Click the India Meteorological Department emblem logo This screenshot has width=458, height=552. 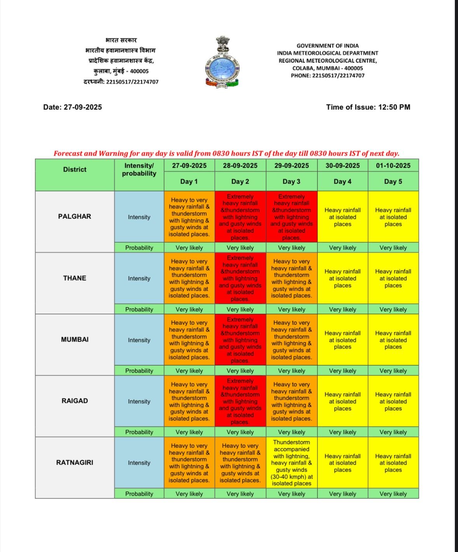click(x=222, y=62)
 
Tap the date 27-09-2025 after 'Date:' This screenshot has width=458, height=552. click(x=83, y=107)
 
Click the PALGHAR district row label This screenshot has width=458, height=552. click(x=75, y=216)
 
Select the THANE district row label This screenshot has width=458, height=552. click(x=75, y=278)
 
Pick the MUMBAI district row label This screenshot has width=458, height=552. click(x=75, y=339)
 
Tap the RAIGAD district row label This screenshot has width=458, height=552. click(x=75, y=401)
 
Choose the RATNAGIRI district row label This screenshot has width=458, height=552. click(x=75, y=462)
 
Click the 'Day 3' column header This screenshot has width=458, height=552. click(x=291, y=181)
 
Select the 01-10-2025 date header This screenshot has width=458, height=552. click(x=393, y=165)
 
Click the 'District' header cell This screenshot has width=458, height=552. click(x=75, y=169)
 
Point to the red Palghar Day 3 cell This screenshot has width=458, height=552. click(x=291, y=217)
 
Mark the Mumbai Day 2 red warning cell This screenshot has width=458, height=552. click(x=240, y=340)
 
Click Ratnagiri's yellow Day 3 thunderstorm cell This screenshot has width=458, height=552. click(x=291, y=463)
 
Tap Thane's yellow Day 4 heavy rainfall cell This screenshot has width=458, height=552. click(x=343, y=278)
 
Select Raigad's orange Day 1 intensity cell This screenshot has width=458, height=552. click(x=189, y=401)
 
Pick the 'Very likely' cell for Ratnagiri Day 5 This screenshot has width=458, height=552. click(x=393, y=494)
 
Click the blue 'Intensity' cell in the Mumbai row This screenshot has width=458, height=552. click(x=139, y=340)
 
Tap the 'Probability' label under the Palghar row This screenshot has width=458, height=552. click(x=139, y=248)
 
